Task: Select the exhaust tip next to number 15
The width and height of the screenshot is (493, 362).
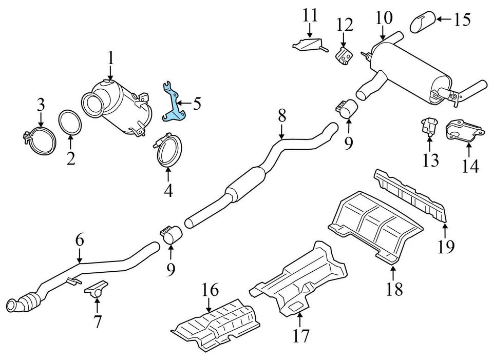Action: pyautogui.click(x=423, y=22)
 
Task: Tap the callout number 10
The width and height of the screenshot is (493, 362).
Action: pyautogui.click(x=383, y=19)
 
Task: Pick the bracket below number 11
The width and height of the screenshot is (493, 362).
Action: pyautogui.click(x=309, y=45)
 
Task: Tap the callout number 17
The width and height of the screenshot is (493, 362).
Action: pyautogui.click(x=301, y=335)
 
